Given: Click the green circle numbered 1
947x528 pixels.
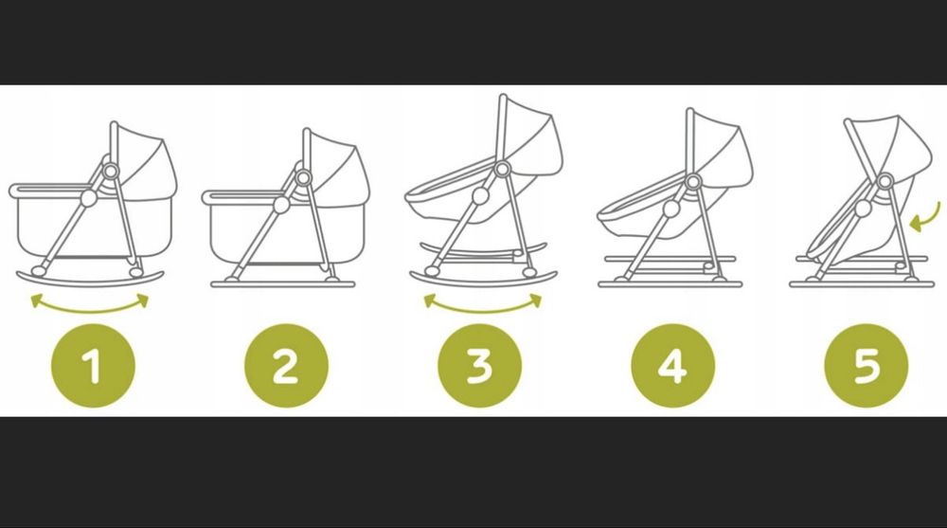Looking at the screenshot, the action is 93,365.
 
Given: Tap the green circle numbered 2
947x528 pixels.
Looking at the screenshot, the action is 286,365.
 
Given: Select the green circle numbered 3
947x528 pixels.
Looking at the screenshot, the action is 479,365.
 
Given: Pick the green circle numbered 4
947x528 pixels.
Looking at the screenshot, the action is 672,365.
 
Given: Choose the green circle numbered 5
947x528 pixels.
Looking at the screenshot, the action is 867,365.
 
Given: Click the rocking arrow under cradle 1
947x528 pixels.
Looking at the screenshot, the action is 89,310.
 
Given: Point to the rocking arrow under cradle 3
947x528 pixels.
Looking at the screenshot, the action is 483,310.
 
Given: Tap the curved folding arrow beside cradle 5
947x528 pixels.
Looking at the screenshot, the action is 927,219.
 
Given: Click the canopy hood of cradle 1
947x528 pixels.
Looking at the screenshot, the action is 146,163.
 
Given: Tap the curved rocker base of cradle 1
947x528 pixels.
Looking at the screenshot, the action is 90,280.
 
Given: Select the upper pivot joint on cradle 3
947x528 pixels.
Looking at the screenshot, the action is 502,169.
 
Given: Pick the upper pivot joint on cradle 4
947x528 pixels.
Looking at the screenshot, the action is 693,181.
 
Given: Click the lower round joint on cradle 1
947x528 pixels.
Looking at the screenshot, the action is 88,197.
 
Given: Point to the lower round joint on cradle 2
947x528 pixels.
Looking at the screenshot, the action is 281,205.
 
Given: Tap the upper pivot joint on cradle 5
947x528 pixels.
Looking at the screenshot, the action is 885,181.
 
